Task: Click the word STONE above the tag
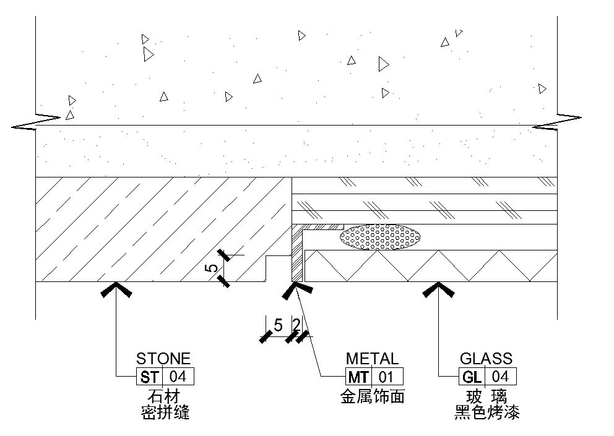pyautogui.click(x=163, y=358)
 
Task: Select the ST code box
pyautogui.click(x=149, y=377)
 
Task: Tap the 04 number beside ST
pyautogui.click(x=178, y=377)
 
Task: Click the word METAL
pyautogui.click(x=373, y=358)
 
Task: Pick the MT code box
pyautogui.click(x=358, y=377)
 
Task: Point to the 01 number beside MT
pyautogui.click(x=387, y=377)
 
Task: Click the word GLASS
pyautogui.click(x=486, y=358)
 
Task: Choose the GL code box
pyautogui.click(x=471, y=377)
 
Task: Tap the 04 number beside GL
pyautogui.click(x=500, y=377)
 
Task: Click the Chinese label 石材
pyautogui.click(x=163, y=396)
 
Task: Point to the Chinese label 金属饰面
pyautogui.click(x=373, y=396)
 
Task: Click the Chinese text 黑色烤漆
pyautogui.click(x=486, y=412)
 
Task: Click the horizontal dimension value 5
pyautogui.click(x=278, y=325)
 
